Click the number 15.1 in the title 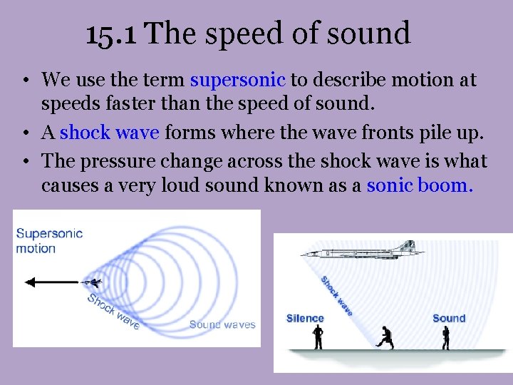[113, 34]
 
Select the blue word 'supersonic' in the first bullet [238, 81]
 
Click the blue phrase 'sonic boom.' [420, 186]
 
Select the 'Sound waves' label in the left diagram [222, 325]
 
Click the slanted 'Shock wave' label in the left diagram [113, 311]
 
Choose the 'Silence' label [305, 319]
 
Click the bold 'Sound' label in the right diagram [449, 319]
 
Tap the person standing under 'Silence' [317, 337]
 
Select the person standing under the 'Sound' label [446, 337]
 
